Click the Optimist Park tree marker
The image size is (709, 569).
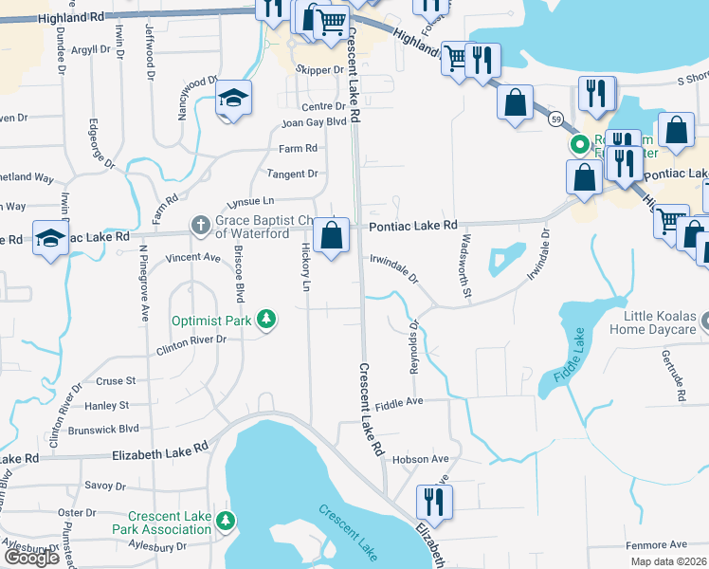(268, 320)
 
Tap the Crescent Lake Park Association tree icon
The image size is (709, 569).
(226, 521)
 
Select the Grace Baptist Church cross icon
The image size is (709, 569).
(200, 226)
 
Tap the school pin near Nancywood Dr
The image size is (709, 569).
(230, 100)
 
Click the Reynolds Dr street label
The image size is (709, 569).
(414, 347)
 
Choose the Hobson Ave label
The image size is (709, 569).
(420, 459)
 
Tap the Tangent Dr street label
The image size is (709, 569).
(292, 174)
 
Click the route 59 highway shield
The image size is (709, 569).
(554, 119)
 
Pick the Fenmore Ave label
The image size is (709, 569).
(656, 544)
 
